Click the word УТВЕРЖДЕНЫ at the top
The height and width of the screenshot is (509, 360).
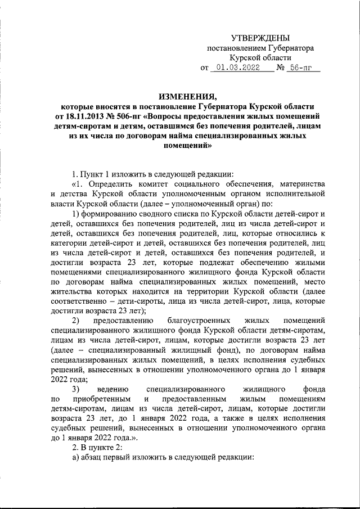[260, 37]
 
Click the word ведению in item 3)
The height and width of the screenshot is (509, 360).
[114, 388]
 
